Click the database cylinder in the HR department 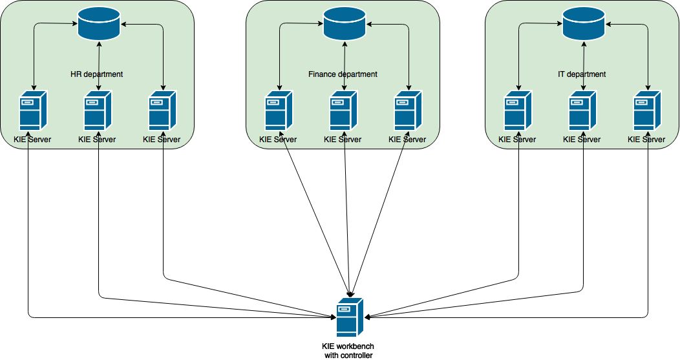coord(99,24)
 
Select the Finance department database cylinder coord(345,24)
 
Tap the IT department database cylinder coord(584,24)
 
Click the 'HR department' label coord(97,74)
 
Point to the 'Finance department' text coord(343,74)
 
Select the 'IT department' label coord(582,74)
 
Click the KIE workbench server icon coord(350,317)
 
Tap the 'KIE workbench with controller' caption coord(348,351)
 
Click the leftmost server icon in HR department coord(33,110)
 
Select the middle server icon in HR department coord(98,110)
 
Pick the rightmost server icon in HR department coord(162,110)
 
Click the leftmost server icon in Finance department coord(279,110)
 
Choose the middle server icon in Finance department coord(343,110)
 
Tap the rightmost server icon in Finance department coord(408,110)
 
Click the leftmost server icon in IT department coord(518,110)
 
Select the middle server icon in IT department coord(582,110)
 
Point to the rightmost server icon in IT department coord(647,110)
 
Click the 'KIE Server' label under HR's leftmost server coord(32,140)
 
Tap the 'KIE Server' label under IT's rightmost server coord(646,140)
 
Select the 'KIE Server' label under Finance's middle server coord(343,140)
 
